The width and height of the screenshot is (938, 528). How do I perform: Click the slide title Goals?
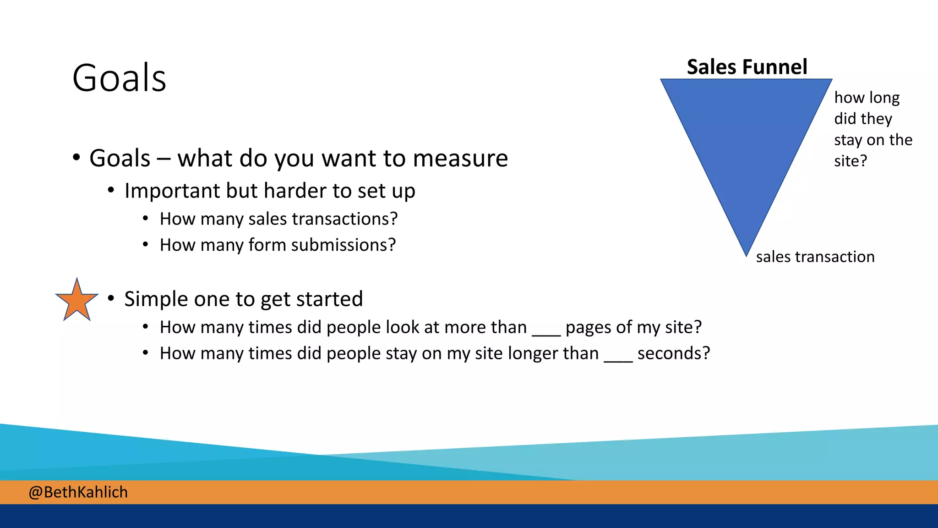click(119, 78)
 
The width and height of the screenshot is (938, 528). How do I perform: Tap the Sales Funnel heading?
click(747, 67)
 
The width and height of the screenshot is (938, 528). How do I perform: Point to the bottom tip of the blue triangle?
click(746, 253)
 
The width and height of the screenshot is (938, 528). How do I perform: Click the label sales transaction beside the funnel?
click(815, 257)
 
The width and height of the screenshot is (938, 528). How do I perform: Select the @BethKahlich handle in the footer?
click(78, 492)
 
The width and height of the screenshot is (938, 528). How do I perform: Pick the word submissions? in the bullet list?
click(344, 245)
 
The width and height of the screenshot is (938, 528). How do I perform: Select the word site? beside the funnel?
click(850, 161)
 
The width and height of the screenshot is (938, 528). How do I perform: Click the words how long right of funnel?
click(867, 98)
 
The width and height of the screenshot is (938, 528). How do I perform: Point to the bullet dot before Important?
click(111, 190)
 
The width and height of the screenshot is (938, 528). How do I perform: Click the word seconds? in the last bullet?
click(673, 353)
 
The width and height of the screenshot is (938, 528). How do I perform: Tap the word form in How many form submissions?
click(267, 245)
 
